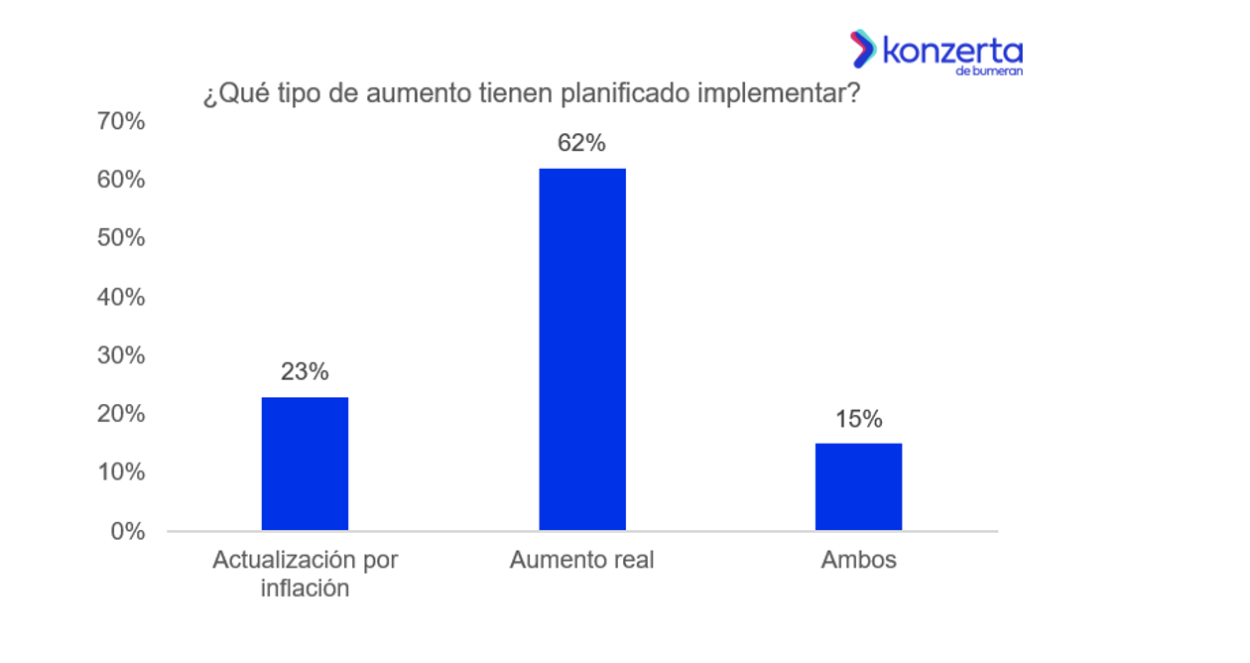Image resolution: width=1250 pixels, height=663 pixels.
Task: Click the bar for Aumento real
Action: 582,349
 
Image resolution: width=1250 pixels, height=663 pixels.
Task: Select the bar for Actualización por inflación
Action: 305,464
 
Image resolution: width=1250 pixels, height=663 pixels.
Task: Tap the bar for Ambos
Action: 858,486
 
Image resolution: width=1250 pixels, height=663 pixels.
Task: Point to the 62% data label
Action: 581,143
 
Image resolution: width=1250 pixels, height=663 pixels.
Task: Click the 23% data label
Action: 305,372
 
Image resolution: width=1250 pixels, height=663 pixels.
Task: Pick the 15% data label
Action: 858,419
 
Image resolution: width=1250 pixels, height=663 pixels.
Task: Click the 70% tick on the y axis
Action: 121,122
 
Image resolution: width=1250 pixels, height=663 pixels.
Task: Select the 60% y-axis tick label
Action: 121,181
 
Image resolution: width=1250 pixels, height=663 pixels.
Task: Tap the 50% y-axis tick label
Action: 121,238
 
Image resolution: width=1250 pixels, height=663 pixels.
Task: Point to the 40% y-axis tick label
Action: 121,297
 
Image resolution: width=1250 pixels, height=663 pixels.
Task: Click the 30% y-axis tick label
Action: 121,355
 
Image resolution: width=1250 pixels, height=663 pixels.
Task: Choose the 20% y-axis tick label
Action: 121,414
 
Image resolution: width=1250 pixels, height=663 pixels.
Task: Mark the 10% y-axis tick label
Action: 121,472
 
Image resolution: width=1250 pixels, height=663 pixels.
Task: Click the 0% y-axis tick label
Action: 127,531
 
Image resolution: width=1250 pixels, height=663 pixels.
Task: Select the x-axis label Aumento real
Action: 582,560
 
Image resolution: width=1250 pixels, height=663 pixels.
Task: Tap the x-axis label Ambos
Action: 858,560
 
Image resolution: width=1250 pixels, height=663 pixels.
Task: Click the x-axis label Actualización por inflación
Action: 305,574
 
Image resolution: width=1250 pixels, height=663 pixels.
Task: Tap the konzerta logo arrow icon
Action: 862,49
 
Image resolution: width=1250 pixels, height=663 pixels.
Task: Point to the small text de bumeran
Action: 989,71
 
